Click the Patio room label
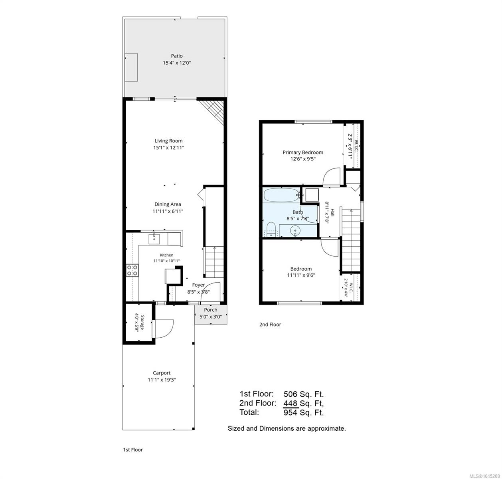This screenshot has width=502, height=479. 177,56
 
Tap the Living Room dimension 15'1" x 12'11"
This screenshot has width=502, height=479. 168,147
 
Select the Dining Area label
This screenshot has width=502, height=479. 168,204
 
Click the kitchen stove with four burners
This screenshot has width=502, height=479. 132,270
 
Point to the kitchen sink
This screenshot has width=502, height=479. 154,239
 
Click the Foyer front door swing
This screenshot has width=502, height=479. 210,291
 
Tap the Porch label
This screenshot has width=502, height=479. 210,310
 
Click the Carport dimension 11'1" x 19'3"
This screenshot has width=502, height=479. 162,380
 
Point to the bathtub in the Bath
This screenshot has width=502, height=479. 282,195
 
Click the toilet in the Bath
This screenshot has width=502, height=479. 271,230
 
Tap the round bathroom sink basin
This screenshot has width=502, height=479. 295,231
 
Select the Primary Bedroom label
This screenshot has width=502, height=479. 303,152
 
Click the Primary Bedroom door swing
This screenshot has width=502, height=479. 332,176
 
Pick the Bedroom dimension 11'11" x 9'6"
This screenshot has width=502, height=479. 301,275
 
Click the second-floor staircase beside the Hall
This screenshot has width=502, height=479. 351,240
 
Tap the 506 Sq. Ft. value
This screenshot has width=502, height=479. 304,394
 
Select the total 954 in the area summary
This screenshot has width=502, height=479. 291,412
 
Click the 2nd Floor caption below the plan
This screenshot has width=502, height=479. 270,325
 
